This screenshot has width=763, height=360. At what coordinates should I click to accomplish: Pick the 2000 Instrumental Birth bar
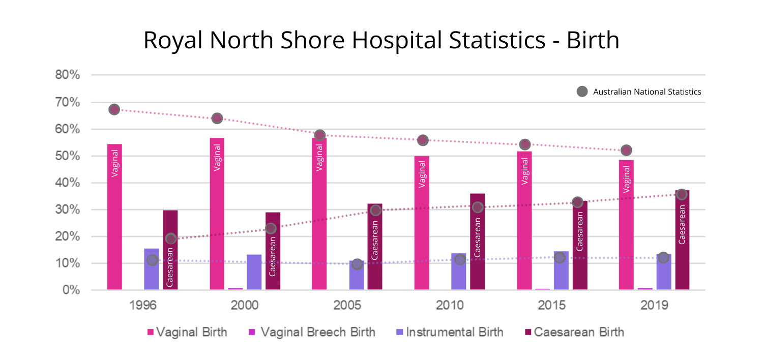[x=254, y=272]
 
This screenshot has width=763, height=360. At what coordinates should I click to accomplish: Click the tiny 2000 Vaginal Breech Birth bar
[x=236, y=289]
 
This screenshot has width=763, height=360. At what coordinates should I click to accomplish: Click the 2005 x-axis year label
[x=347, y=306]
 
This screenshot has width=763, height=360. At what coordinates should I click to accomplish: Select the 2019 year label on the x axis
[x=654, y=306]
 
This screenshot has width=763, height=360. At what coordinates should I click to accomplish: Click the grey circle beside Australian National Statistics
[x=582, y=92]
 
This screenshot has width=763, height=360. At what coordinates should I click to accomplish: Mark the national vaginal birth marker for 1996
[x=114, y=109]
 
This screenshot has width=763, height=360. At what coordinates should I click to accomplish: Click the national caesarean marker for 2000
[x=271, y=229]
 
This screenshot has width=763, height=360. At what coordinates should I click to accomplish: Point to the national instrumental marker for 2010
[x=459, y=259]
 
